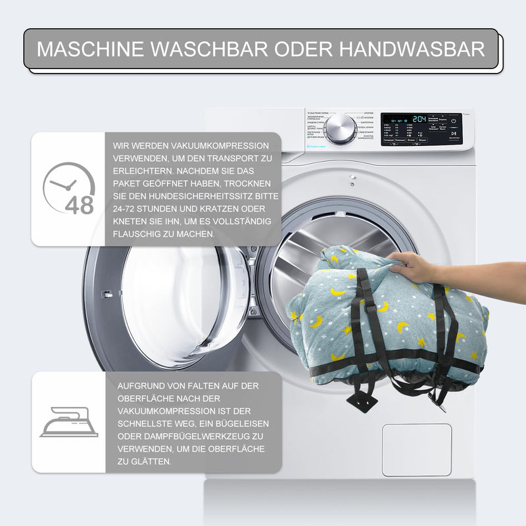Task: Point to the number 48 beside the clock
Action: coord(80,205)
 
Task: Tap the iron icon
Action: coord(68,422)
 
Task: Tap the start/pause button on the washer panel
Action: coord(454,121)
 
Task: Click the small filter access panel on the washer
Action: coord(416,450)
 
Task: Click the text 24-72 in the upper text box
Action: coord(127,209)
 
